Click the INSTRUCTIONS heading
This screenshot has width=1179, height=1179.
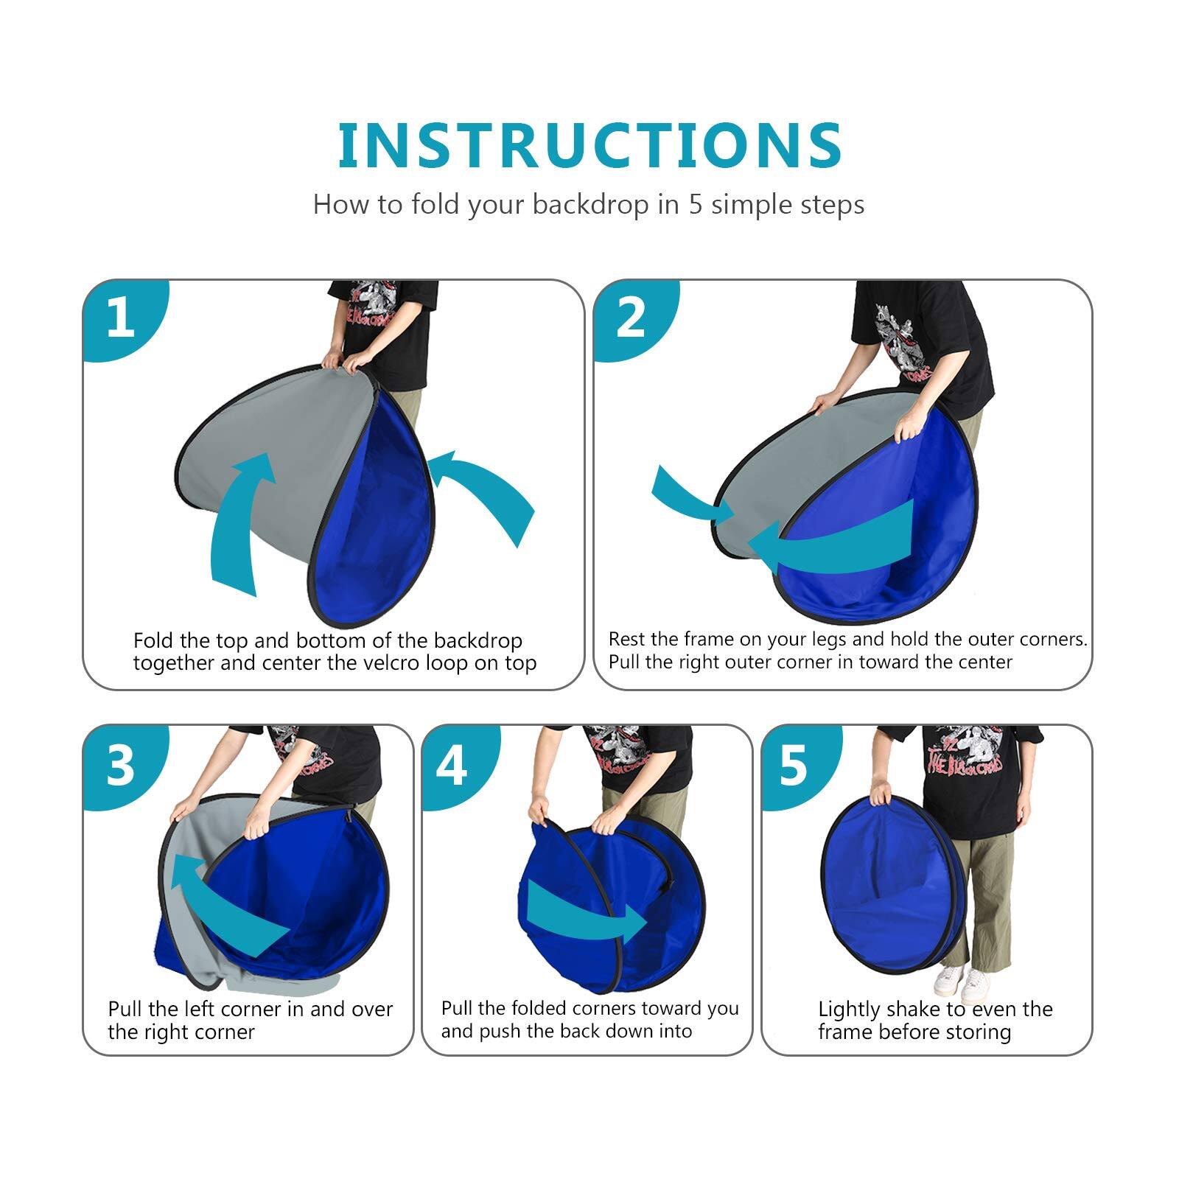tap(589, 145)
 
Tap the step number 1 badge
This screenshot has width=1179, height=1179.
tap(120, 318)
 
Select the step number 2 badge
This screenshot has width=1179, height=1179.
tap(630, 318)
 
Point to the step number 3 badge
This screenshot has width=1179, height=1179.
tap(120, 765)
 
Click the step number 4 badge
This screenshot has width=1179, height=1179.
tap(452, 765)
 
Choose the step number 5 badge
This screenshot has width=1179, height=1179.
tap(793, 765)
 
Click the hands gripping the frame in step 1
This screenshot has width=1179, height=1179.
tap(346, 363)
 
